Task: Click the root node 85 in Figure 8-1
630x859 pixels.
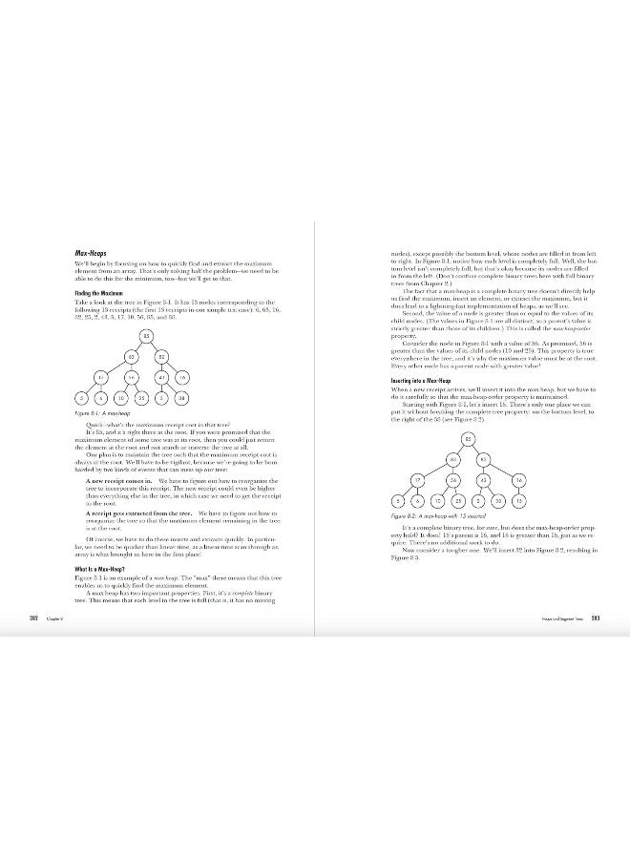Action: pyautogui.click(x=147, y=336)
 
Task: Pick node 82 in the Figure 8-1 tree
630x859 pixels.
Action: pyautogui.click(x=162, y=357)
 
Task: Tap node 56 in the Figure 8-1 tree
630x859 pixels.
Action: pyautogui.click(x=131, y=378)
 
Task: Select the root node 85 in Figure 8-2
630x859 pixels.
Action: pyautogui.click(x=468, y=439)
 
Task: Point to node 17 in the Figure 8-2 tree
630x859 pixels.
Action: pyautogui.click(x=417, y=479)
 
